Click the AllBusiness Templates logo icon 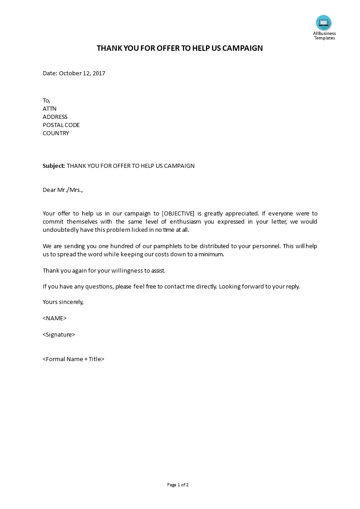point(324,23)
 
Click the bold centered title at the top point(180,48)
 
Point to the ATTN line point(49,109)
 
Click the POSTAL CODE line point(61,125)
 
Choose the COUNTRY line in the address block point(56,133)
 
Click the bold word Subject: point(54,166)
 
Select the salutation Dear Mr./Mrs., point(63,190)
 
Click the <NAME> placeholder point(54,318)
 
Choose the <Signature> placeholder point(59,335)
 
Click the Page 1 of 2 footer point(178,485)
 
